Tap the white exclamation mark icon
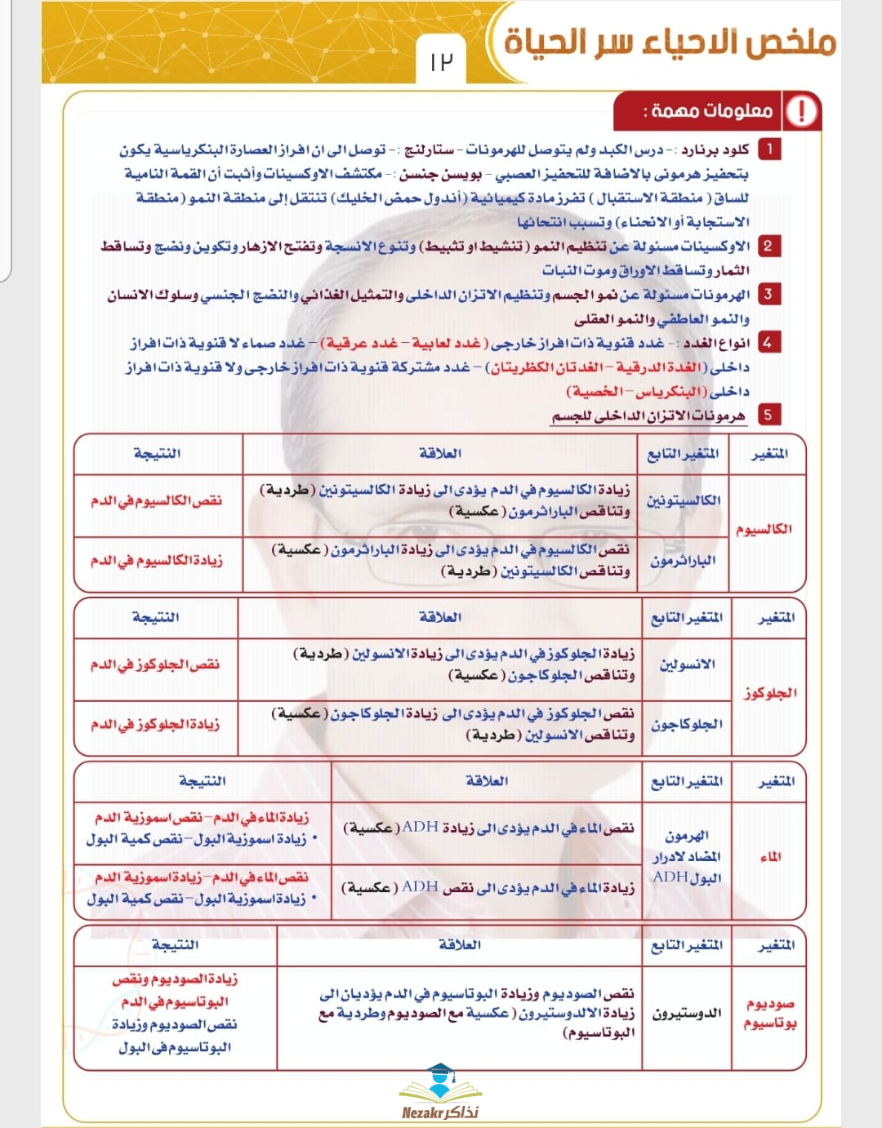tap(801, 111)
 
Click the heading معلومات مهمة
tap(708, 111)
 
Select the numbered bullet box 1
tap(768, 149)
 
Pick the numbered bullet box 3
tap(768, 294)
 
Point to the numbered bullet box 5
tap(768, 415)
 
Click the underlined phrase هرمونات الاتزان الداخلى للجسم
tap(648, 416)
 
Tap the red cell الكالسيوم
tap(764, 529)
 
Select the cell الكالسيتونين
tap(684, 500)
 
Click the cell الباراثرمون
tap(684, 561)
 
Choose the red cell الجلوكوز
tap(770, 693)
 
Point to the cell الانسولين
tap(687, 664)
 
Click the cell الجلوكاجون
tap(687, 724)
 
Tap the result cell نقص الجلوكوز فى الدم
tap(155, 664)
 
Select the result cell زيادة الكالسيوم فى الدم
tap(156, 561)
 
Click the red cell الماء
tap(770, 856)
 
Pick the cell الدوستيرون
tap(687, 1013)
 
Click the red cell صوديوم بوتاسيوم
tap(769, 1013)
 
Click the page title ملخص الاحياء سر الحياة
tap(670, 41)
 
